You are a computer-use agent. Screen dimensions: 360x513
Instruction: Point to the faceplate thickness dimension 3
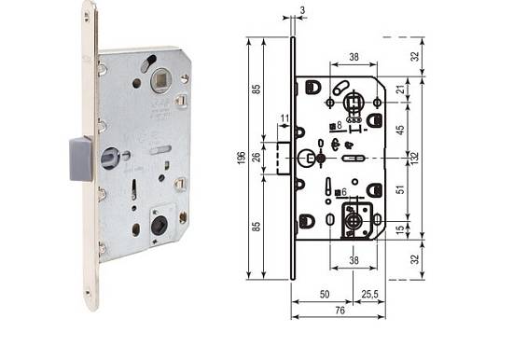pyautogui.click(x=303, y=11)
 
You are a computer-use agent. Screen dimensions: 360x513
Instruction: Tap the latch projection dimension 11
pyautogui.click(x=284, y=118)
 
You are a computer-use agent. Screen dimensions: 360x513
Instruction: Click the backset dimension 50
pyautogui.click(x=324, y=294)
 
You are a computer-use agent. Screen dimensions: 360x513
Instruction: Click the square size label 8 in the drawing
pyautogui.click(x=339, y=124)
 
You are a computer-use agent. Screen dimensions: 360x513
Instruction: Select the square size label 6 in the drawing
pyautogui.click(x=344, y=192)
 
